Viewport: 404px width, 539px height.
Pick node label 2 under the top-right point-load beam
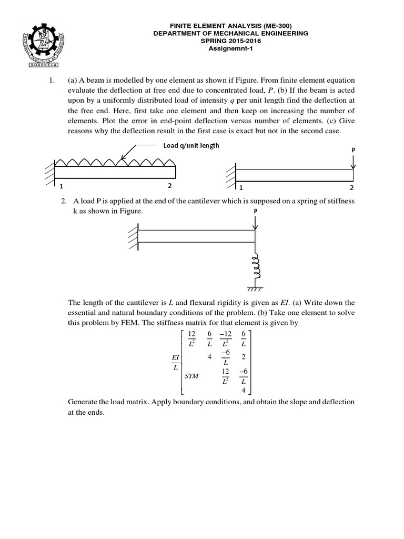click(351, 188)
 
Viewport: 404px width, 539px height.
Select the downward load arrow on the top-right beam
click(352, 162)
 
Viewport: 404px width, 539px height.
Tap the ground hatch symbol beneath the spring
click(255, 289)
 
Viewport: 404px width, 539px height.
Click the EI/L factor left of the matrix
click(176, 362)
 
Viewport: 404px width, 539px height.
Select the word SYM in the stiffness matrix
click(192, 377)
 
